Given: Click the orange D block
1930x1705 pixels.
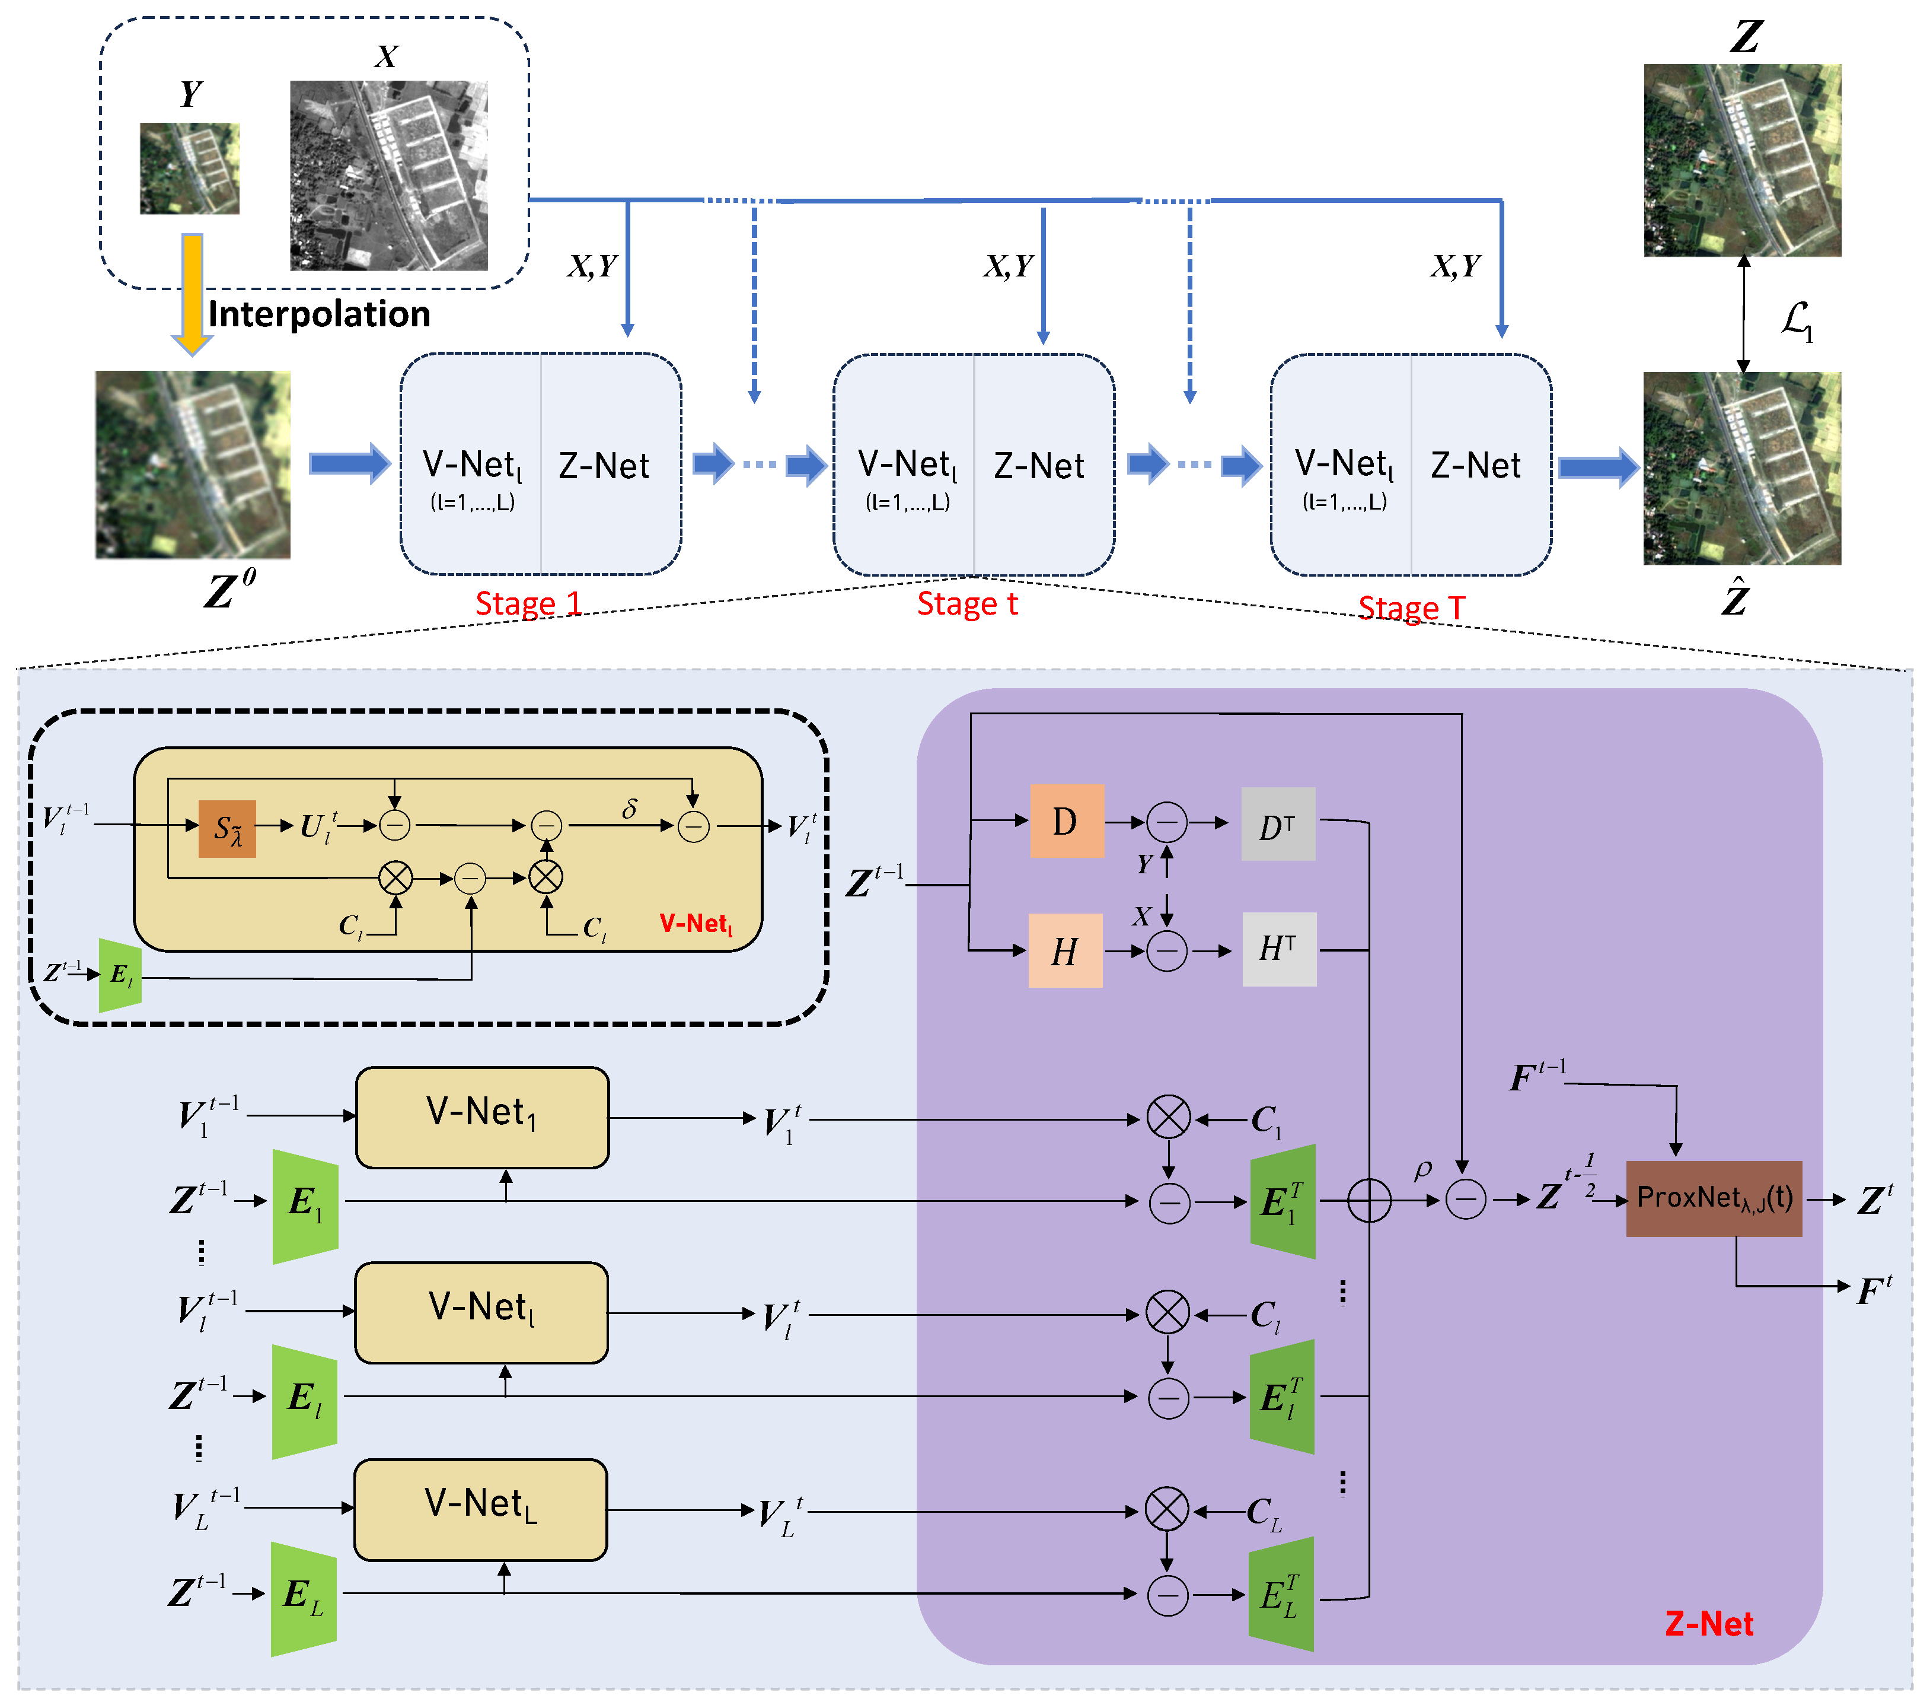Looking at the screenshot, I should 1066,821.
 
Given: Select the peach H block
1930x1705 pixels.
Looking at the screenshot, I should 1065,950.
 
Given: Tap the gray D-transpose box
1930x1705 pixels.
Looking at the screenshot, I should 1278,823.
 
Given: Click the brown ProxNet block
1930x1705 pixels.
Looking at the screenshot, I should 1713,1198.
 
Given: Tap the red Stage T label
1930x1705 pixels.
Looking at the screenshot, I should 1411,607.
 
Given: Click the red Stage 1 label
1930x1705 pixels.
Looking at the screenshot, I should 527,603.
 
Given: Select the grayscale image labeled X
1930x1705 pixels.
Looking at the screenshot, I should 388,175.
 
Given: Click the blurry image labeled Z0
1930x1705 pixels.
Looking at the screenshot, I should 193,464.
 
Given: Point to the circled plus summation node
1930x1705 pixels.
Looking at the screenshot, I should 1368,1201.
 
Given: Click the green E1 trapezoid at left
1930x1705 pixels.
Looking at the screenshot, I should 305,1205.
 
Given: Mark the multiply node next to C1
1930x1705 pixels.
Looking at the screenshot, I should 1168,1118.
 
